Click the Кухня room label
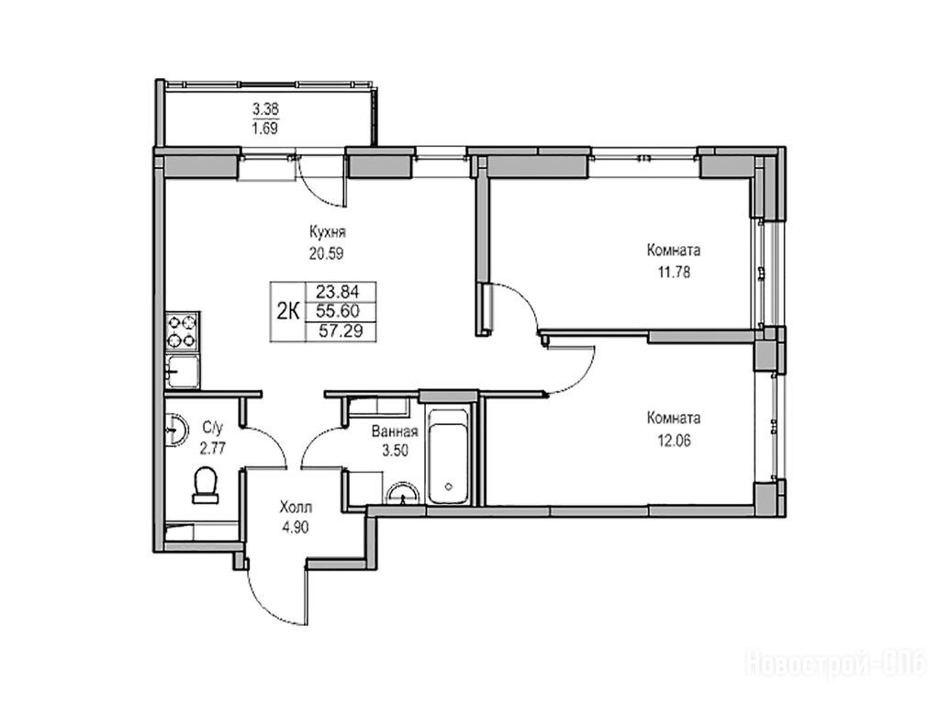point(328,232)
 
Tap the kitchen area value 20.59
point(326,253)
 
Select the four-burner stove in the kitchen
point(183,330)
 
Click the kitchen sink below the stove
point(183,372)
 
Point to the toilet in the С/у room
point(206,486)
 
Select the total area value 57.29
point(341,330)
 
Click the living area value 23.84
point(338,292)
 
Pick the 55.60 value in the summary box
point(338,311)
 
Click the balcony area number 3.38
point(265,109)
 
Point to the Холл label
point(296,509)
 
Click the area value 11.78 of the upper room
point(674,273)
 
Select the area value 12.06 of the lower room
point(674,442)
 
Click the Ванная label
point(395,431)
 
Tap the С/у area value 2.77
point(212,448)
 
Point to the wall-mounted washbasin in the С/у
point(175,430)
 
